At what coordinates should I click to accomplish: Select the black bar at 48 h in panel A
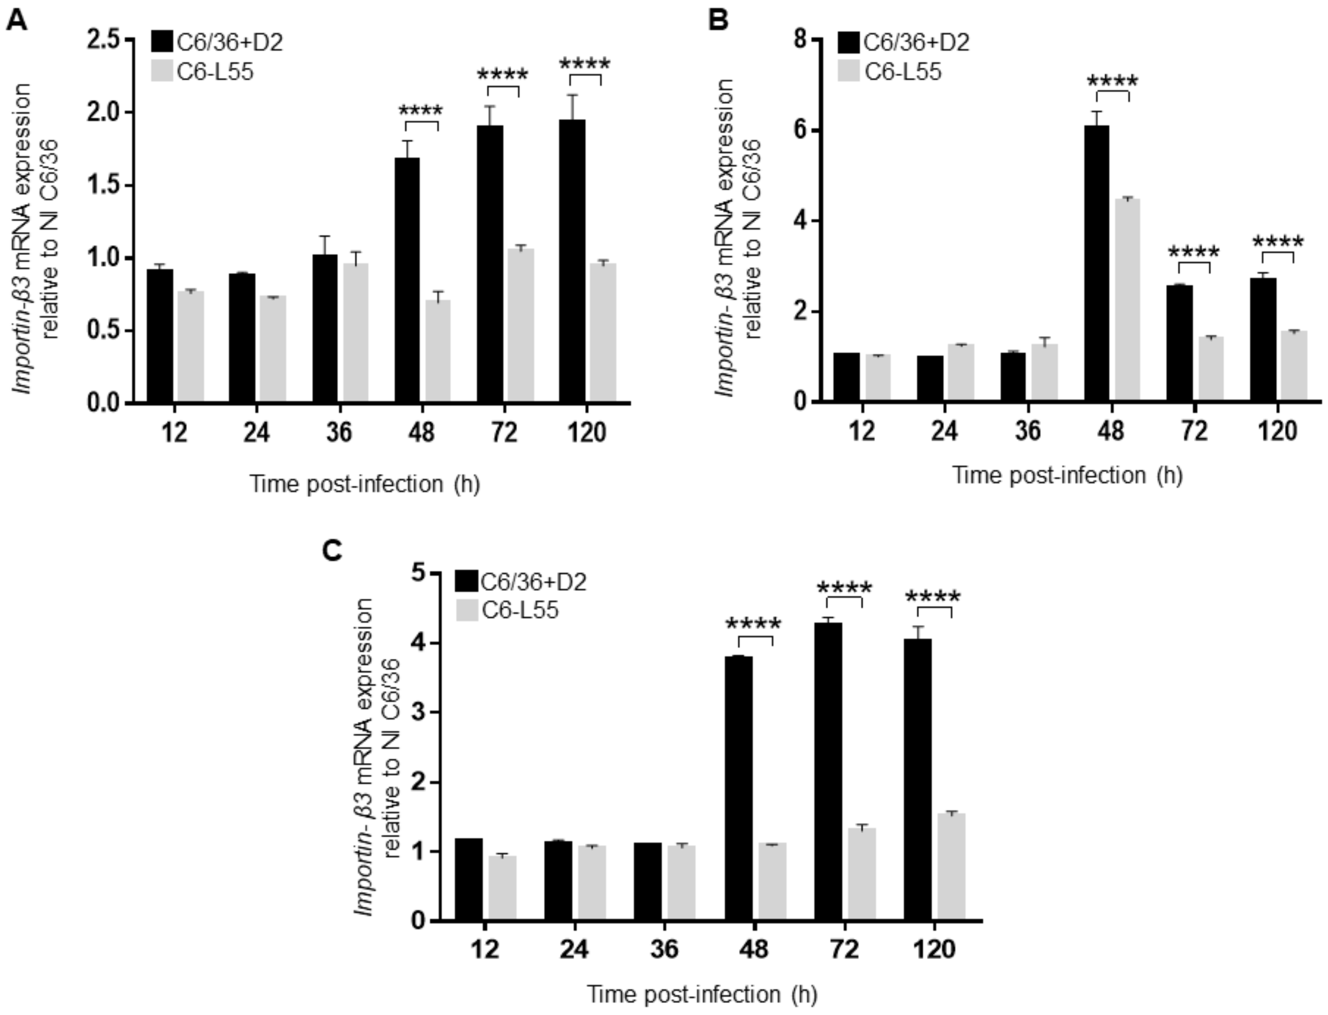(x=407, y=279)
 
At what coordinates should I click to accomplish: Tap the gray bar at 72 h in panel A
(x=520, y=324)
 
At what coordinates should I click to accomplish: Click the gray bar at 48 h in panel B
(x=1127, y=299)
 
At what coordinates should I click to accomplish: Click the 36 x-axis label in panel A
(x=339, y=433)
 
